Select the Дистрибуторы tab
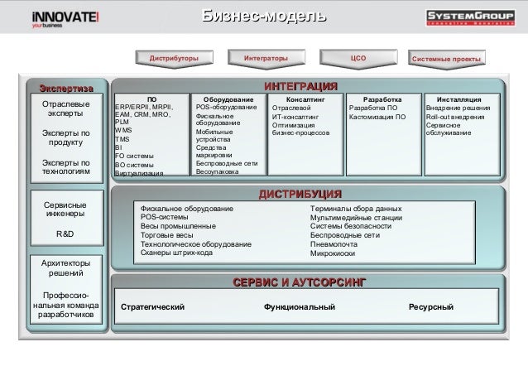pos(174,58)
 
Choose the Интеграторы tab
pos(266,58)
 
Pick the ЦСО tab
pos(359,58)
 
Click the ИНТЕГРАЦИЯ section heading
pos(300,87)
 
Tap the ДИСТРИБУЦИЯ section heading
pos(300,194)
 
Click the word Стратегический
pos(152,308)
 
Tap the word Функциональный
pos(300,308)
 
